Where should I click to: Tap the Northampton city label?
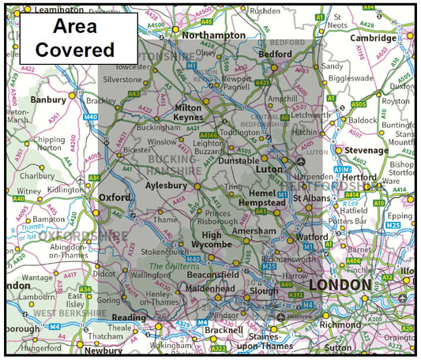click(214, 36)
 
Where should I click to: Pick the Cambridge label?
click(374, 38)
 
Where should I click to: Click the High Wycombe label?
click(212, 240)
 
